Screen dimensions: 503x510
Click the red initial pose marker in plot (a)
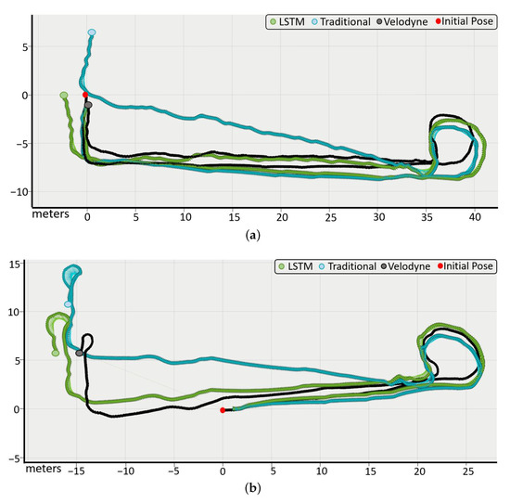[85, 95]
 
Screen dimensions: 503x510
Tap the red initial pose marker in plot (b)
[223, 410]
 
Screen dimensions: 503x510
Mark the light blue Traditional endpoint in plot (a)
[92, 32]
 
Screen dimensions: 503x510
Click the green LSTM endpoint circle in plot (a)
[63, 96]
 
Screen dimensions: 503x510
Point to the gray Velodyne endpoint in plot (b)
[80, 353]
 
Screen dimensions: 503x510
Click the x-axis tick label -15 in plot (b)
[74, 471]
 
